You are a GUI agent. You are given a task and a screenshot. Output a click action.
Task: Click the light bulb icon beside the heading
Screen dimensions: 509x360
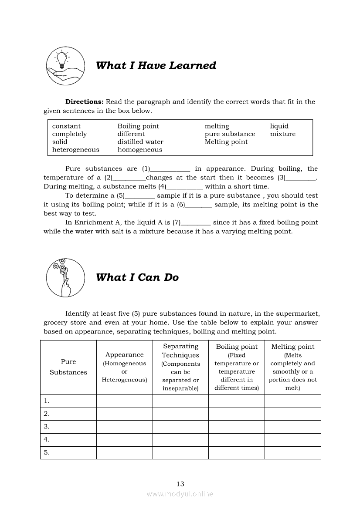[65, 66]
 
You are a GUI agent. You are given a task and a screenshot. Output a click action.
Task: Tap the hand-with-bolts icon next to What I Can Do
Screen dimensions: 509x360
[65, 277]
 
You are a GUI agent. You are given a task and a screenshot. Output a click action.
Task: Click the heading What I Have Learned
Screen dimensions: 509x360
[156, 66]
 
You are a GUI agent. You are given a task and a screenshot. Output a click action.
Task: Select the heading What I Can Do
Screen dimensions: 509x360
[137, 277]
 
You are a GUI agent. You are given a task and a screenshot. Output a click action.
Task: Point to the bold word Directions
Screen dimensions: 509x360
[85, 102]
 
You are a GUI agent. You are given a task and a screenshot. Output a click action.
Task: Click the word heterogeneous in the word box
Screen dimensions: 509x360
[76, 150]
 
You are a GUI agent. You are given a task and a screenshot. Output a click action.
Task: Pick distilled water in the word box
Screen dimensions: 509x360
[140, 142]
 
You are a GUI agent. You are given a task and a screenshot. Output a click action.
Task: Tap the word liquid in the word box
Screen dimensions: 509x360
[279, 126]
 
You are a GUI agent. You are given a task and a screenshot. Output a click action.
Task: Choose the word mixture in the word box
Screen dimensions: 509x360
[283, 134]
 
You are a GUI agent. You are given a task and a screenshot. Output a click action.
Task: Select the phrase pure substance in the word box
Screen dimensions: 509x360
[230, 134]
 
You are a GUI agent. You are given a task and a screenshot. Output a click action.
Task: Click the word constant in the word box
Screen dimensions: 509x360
[66, 126]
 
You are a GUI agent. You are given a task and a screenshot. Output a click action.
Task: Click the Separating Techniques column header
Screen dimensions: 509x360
[180, 367]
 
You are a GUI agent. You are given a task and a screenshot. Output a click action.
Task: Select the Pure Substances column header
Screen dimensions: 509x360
[68, 367]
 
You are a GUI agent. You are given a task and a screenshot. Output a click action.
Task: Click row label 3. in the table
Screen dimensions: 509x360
[47, 427]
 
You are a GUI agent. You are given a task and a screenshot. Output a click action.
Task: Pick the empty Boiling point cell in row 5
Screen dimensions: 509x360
[237, 452]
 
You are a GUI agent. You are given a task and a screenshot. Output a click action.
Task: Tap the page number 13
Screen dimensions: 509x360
[180, 484]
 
